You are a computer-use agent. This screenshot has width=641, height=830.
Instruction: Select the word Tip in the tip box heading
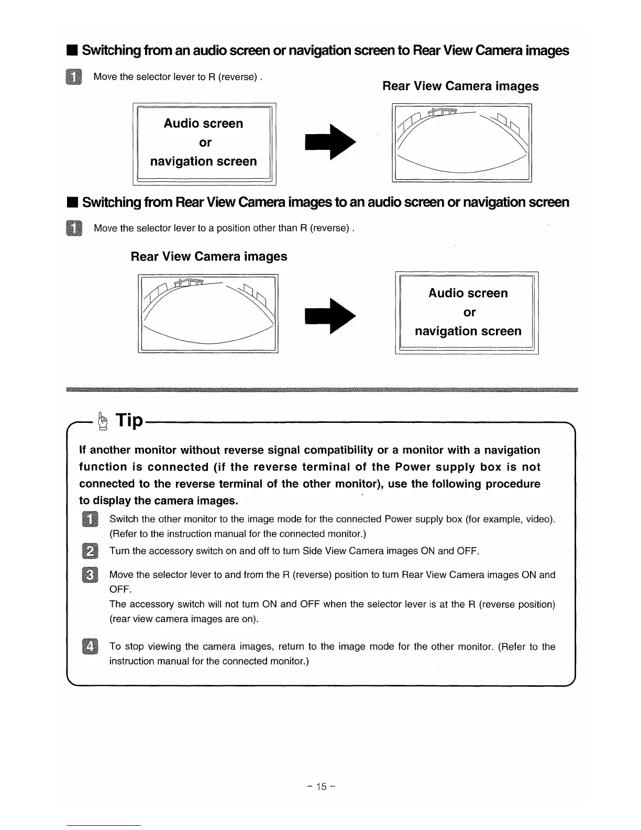tap(129, 420)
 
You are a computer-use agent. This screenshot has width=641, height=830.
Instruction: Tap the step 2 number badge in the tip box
tap(90, 552)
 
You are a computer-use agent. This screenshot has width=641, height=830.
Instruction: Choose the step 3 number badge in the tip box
tap(90, 575)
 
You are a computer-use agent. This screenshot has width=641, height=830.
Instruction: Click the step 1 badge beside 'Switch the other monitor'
tap(90, 520)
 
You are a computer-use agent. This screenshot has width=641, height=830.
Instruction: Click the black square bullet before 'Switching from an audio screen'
tap(72, 51)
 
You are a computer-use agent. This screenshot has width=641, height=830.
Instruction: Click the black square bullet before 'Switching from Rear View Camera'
tap(72, 202)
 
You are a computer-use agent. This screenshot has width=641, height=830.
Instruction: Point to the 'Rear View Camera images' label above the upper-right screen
tap(460, 86)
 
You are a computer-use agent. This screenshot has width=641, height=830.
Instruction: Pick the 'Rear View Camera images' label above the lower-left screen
tap(209, 256)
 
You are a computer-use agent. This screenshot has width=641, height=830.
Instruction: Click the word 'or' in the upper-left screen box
tap(205, 143)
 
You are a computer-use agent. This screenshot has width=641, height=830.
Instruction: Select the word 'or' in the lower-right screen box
tap(470, 312)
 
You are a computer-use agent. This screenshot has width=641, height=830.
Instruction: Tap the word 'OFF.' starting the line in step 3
tap(119, 589)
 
